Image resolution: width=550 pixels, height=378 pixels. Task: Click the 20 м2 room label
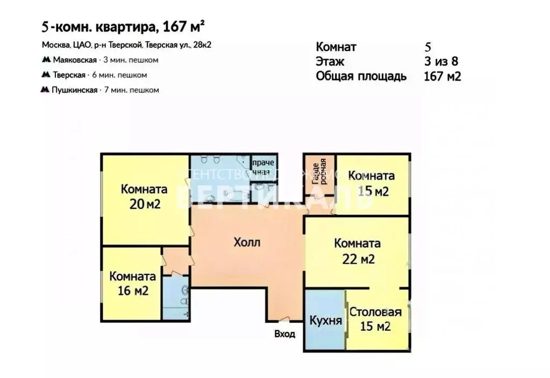click(144, 197)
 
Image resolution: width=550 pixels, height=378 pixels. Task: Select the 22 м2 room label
click(358, 251)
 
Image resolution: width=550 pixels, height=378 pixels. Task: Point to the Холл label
click(247, 242)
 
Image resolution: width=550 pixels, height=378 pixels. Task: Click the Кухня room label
click(325, 321)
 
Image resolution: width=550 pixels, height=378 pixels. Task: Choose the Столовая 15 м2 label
click(375, 319)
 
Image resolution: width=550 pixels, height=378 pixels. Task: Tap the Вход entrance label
click(284, 334)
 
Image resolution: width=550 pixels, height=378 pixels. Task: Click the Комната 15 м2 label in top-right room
click(371, 183)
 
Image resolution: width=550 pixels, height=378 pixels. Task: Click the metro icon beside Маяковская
click(46, 60)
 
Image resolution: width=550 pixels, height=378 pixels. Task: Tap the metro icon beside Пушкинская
click(46, 90)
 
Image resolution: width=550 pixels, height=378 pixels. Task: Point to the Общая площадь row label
click(361, 76)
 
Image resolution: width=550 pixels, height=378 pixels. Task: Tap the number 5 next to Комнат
click(428, 47)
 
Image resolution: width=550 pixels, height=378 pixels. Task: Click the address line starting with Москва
click(126, 45)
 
